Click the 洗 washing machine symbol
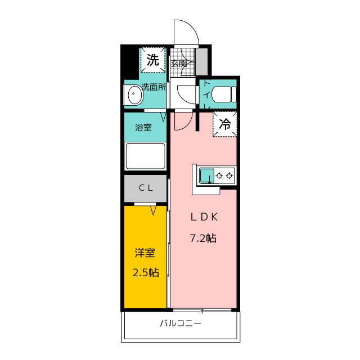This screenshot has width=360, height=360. point(152,60)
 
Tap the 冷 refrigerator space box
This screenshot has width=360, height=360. point(224,124)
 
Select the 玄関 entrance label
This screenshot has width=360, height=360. point(179,63)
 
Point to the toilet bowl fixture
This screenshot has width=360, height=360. point(224,94)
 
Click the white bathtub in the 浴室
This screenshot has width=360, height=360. point(145,156)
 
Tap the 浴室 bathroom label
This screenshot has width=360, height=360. point(143,128)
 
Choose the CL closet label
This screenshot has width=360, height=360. point(146,188)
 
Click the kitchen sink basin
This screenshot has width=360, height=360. point(206,175)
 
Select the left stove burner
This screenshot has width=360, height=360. point(219,176)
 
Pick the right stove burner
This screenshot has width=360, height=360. point(229,176)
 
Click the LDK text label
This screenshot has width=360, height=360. point(204,217)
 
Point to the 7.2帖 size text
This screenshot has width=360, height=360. point(203,238)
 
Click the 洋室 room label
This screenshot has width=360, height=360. point(145,253)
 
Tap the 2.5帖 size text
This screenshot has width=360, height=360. point(146,272)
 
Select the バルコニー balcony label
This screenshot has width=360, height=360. point(181,323)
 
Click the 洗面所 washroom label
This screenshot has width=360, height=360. point(154,87)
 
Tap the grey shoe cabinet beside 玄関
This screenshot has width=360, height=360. point(201,61)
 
